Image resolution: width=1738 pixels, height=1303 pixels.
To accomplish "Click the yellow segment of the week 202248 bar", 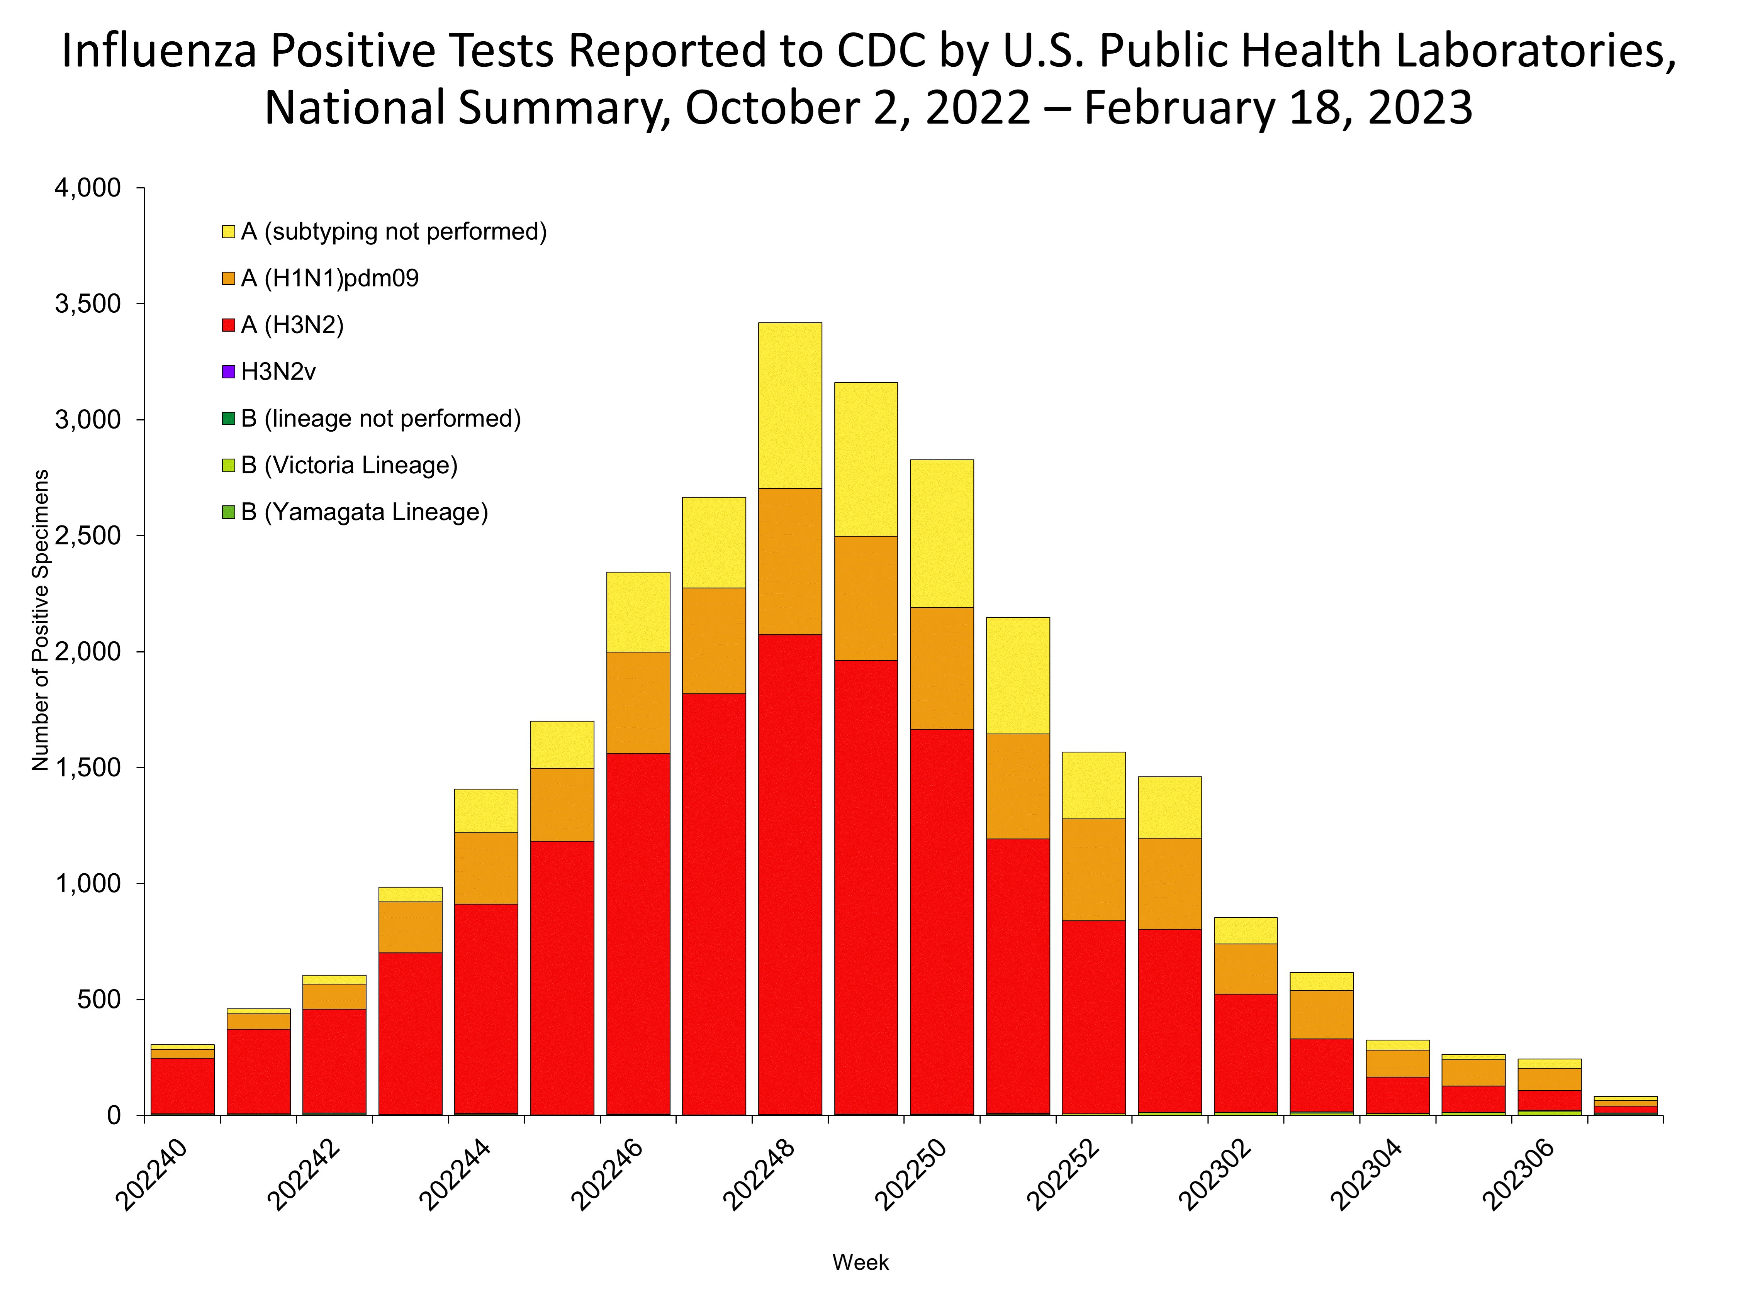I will point(790,405).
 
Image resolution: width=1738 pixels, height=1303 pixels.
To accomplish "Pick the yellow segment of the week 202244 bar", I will point(485,810).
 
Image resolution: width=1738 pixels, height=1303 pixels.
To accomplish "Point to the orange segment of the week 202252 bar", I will point(1093,869).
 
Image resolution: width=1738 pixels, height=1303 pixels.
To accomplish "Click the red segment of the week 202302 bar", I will point(1245,1052).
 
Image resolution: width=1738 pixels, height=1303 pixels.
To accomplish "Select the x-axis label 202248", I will point(758,1175).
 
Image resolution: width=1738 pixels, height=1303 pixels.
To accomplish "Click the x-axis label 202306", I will point(1517,1175).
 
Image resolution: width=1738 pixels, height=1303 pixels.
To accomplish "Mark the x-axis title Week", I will point(861,1262).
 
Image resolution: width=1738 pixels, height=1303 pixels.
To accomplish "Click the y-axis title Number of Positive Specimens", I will point(40,620).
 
